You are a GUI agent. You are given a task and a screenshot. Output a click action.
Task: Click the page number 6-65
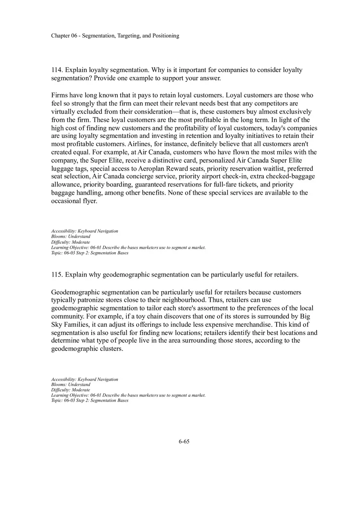tap(184, 442)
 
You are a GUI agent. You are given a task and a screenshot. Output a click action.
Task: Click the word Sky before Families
tap(57, 324)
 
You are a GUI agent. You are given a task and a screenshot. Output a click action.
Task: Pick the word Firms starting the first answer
tap(59, 95)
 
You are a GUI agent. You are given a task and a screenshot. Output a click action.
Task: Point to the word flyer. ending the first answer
tap(89, 201)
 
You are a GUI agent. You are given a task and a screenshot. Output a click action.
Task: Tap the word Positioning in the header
tap(166, 36)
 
